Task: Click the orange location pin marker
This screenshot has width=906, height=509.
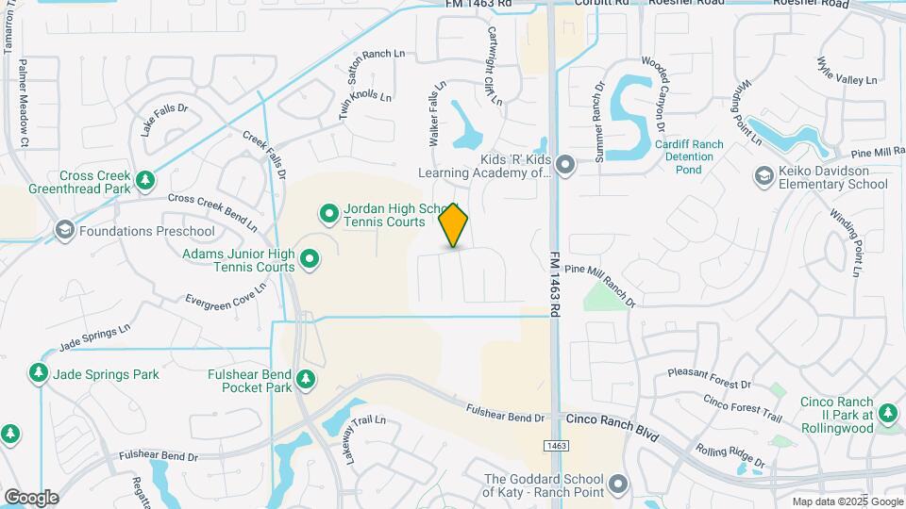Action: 454,225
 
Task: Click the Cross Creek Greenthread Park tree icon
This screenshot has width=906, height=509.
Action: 144,179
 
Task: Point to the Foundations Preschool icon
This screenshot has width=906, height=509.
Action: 65,230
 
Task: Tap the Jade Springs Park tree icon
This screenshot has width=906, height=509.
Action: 39,374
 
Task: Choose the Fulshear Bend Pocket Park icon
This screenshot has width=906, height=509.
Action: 305,380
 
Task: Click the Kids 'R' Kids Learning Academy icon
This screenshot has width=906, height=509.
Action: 565,165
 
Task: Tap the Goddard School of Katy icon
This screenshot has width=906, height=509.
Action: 618,484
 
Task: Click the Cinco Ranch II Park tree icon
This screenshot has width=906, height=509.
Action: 887,414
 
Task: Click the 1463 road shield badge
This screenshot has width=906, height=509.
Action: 556,445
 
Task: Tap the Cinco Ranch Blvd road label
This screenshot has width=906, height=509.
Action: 611,418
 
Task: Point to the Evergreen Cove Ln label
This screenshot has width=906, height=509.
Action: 226,296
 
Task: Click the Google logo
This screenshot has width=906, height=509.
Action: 31,497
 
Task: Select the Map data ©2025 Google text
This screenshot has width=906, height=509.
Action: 847,501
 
